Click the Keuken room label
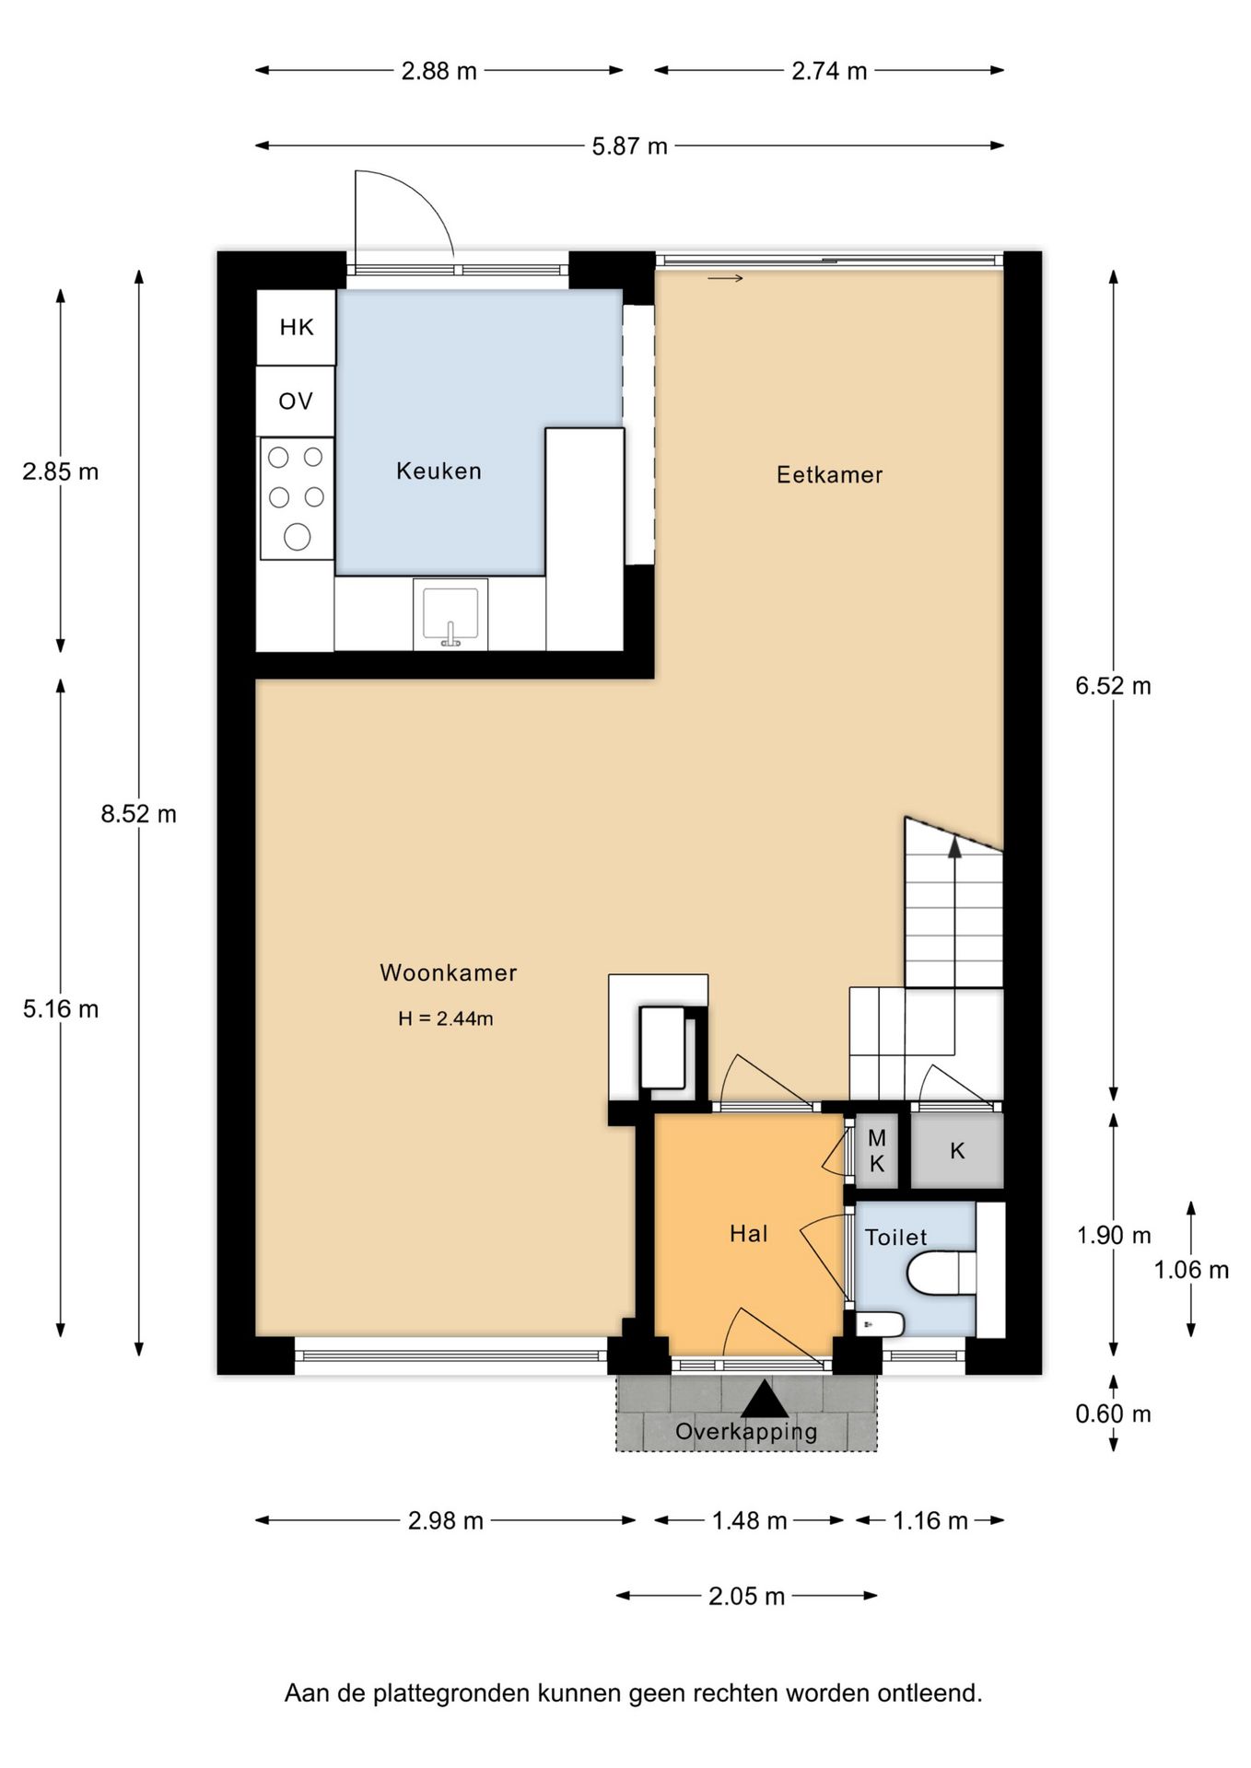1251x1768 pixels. pyautogui.click(x=438, y=471)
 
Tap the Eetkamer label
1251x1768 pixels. pyautogui.click(x=829, y=475)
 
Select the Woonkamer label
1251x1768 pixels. pyautogui.click(x=449, y=972)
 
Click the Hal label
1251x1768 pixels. pyautogui.click(x=748, y=1234)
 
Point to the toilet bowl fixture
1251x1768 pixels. pyautogui.click(x=941, y=1274)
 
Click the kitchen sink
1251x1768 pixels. pyautogui.click(x=450, y=614)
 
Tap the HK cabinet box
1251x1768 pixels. pyautogui.click(x=296, y=327)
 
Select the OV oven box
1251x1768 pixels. pyautogui.click(x=296, y=401)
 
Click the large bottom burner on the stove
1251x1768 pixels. pyautogui.click(x=297, y=536)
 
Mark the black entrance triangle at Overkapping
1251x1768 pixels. pyautogui.click(x=765, y=1400)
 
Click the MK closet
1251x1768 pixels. pyautogui.click(x=876, y=1151)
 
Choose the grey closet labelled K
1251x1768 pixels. pyautogui.click(x=957, y=1151)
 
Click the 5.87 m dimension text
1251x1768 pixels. pyautogui.click(x=630, y=146)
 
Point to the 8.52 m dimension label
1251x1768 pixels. pyautogui.click(x=139, y=814)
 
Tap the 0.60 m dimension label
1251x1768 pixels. pyautogui.click(x=1113, y=1413)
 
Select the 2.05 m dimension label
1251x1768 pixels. pyautogui.click(x=746, y=1596)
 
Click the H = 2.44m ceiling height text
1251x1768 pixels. pyautogui.click(x=446, y=1018)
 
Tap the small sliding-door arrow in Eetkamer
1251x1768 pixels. pyautogui.click(x=725, y=278)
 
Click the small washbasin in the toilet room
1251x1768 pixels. pyautogui.click(x=880, y=1324)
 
